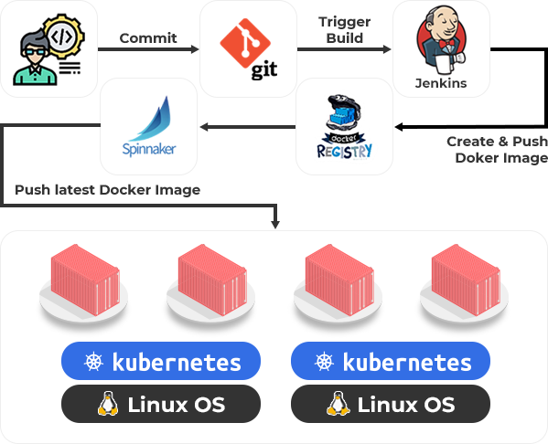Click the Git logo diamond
click(245, 43)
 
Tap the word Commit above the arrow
click(148, 38)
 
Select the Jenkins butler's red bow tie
click(447, 44)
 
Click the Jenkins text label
click(441, 83)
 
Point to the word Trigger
click(344, 22)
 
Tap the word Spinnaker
click(149, 149)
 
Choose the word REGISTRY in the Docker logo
click(344, 151)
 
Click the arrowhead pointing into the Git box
click(195, 49)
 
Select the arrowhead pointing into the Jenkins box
click(387, 49)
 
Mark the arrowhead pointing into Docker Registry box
click(399, 127)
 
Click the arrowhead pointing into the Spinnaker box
click(204, 127)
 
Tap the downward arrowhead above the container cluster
click(275, 224)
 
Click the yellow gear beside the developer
click(65, 36)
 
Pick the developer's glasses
click(34, 52)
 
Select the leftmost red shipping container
click(85, 280)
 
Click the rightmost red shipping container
click(466, 280)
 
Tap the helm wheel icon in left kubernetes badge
click(93, 362)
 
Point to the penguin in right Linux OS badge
click(338, 404)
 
